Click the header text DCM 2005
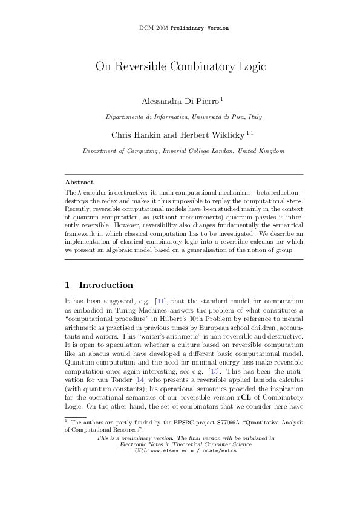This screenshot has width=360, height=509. pos(153,28)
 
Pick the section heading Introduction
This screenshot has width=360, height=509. pos(106,285)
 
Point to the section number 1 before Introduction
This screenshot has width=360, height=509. pos(67,285)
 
